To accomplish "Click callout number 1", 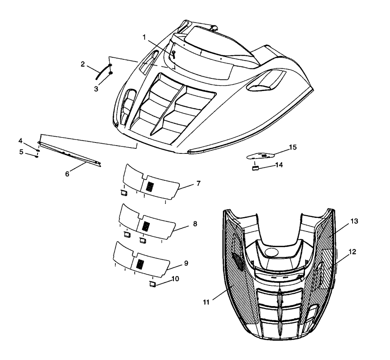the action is pyautogui.click(x=144, y=37).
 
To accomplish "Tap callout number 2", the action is pyautogui.click(x=83, y=64).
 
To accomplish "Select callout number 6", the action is pyautogui.click(x=67, y=174).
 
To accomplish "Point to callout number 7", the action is pyautogui.click(x=198, y=184).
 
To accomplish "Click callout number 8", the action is pyautogui.click(x=195, y=224).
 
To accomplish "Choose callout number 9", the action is pyautogui.click(x=186, y=263).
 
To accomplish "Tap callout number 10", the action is pyautogui.click(x=175, y=278).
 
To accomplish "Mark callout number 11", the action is pyautogui.click(x=206, y=302).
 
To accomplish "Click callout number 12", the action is pyautogui.click(x=353, y=252).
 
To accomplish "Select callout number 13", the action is pyautogui.click(x=354, y=221).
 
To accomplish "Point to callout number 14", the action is pyautogui.click(x=279, y=165).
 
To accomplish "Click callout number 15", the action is pyautogui.click(x=293, y=147).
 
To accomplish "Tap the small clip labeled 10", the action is pyautogui.click(x=152, y=284).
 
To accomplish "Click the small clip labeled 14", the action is pyautogui.click(x=255, y=168).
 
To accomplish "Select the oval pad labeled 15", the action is pyautogui.click(x=260, y=156).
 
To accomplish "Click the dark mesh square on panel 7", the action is pyautogui.click(x=150, y=187).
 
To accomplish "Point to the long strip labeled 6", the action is pyautogui.click(x=70, y=154).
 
